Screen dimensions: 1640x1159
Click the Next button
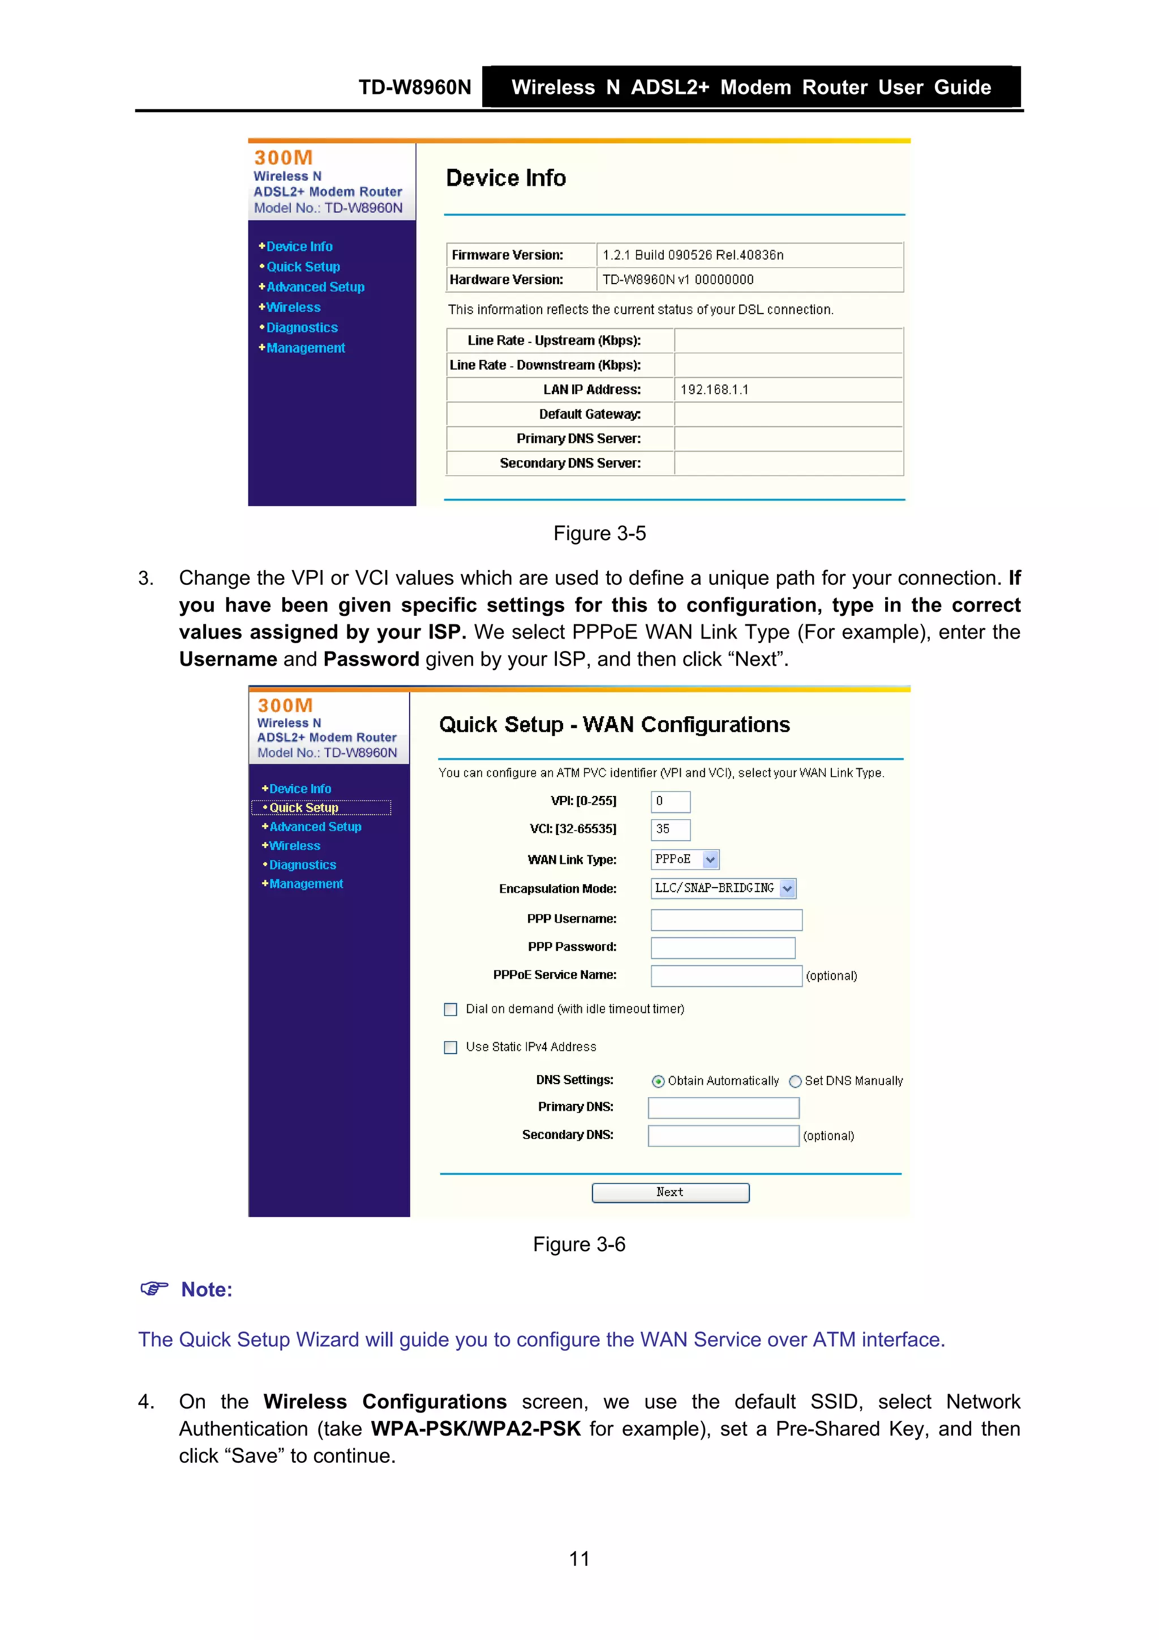670,1192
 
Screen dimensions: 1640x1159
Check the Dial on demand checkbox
450,1009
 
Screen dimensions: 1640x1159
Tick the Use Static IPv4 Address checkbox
450,1047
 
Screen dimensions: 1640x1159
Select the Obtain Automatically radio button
658,1081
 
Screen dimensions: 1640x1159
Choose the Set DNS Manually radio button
795,1081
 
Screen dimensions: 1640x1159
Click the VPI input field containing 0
670,802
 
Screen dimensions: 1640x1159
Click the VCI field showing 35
670,829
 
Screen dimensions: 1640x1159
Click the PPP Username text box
726,919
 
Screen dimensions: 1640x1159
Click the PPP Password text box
723,948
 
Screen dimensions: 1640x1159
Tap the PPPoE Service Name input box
726,976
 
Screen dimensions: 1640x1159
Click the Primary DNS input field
723,1108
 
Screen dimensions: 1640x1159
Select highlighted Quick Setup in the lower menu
303,808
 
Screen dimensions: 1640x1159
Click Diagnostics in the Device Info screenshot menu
302,328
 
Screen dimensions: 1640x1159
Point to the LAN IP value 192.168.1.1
714,390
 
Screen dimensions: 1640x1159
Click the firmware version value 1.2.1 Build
693,255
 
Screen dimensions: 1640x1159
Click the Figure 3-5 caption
599,534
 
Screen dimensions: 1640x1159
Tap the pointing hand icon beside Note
153,1288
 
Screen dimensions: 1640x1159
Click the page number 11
579,1558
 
